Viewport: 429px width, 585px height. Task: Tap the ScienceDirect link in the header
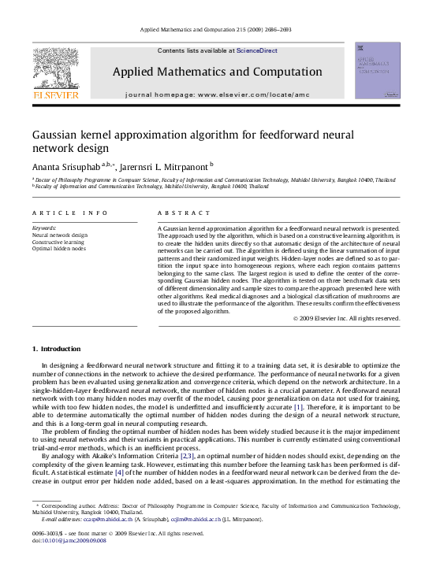click(x=257, y=50)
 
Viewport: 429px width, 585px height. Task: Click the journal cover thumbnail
click(x=377, y=70)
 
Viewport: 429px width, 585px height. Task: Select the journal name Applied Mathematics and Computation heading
click(x=217, y=72)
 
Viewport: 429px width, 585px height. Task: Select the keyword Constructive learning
click(x=57, y=242)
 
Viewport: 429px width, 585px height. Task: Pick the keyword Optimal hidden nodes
click(x=58, y=249)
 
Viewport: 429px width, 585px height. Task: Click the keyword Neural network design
click(x=60, y=235)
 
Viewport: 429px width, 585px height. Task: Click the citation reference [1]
click(x=298, y=407)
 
